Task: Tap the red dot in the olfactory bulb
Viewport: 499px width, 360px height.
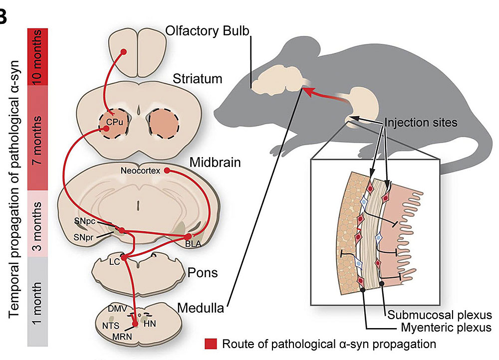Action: tap(124, 51)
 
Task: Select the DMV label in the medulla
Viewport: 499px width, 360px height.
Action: tap(114, 309)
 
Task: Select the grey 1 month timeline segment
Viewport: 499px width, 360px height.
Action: tap(38, 302)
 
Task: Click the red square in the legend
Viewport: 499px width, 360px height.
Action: tap(210, 344)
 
